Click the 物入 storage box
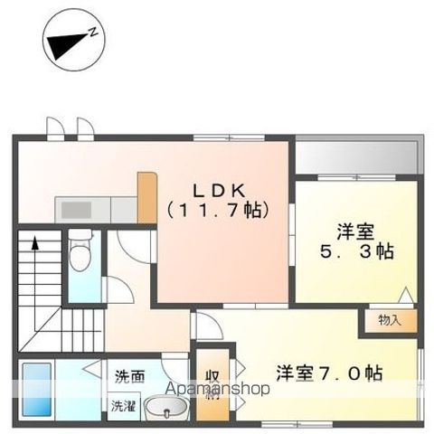coord(390,319)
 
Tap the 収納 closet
coord(212,382)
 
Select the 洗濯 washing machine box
coord(124,406)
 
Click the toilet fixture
coord(82,251)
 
